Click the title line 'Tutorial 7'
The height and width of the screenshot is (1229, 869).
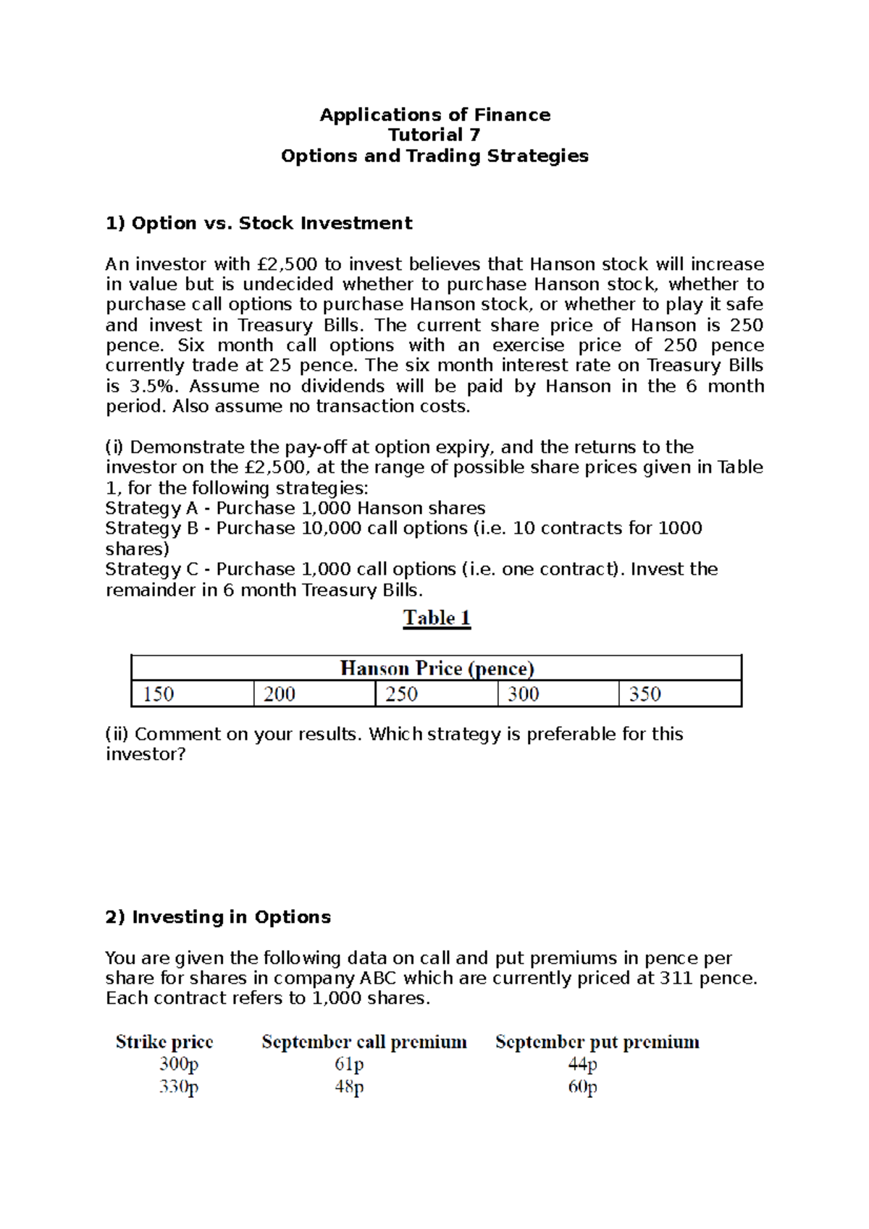click(434, 135)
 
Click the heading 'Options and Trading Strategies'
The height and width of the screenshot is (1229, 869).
click(434, 156)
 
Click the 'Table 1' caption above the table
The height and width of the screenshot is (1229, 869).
click(437, 618)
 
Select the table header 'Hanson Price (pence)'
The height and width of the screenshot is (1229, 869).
click(437, 668)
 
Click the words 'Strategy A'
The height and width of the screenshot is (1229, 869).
click(151, 508)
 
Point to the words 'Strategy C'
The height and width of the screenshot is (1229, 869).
click(151, 570)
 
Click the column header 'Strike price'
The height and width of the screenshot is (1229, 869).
click(164, 1042)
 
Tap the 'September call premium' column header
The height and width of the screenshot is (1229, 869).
click(364, 1042)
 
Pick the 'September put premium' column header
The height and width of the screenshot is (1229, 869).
click(597, 1042)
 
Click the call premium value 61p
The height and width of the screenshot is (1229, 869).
click(349, 1065)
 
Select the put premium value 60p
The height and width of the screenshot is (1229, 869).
click(583, 1087)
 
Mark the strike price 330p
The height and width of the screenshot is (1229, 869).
click(179, 1087)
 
